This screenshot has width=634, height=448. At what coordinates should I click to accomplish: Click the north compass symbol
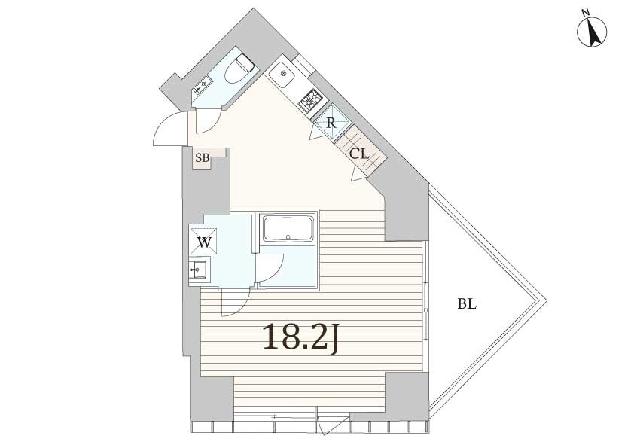(x=593, y=32)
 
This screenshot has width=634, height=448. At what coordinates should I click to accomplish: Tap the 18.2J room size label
(x=300, y=337)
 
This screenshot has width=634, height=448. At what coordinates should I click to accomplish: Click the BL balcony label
(x=467, y=303)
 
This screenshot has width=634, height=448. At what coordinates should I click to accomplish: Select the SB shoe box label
(x=202, y=157)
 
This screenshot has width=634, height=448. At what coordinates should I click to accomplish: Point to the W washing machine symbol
(x=203, y=242)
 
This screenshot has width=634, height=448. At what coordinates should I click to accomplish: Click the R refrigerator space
(x=331, y=122)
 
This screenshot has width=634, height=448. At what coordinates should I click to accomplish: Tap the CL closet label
(x=359, y=154)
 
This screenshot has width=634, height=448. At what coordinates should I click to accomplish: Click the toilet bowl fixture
(x=239, y=69)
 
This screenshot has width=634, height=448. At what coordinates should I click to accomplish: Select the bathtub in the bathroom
(x=288, y=229)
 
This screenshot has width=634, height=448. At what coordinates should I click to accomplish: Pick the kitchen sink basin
(x=283, y=75)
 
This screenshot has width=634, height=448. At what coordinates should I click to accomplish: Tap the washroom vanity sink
(x=198, y=270)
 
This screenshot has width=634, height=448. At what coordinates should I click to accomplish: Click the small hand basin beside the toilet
(x=201, y=85)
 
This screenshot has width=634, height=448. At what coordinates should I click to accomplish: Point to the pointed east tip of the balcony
(x=547, y=301)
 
